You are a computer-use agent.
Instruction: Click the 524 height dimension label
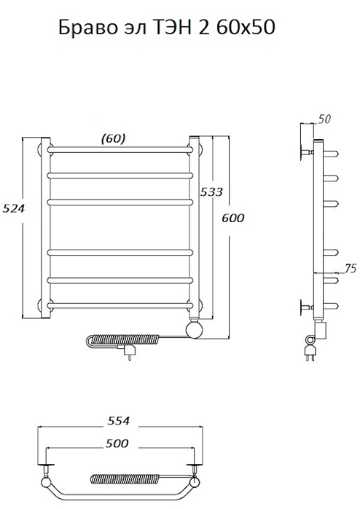(14, 208)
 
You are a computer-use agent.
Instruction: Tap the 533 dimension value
(211, 192)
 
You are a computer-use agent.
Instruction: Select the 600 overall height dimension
(233, 218)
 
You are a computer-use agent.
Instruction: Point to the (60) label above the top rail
(114, 138)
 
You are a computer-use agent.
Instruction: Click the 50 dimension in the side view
(324, 119)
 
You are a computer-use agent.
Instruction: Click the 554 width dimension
(118, 421)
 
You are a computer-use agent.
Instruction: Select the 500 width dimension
(117, 443)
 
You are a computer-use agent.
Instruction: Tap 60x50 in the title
(246, 28)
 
